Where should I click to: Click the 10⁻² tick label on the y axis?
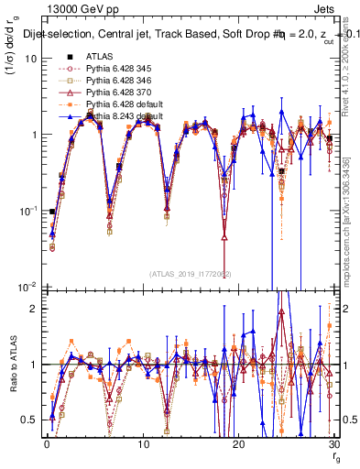pos(27,287)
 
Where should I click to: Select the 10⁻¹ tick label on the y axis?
pos(27,211)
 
